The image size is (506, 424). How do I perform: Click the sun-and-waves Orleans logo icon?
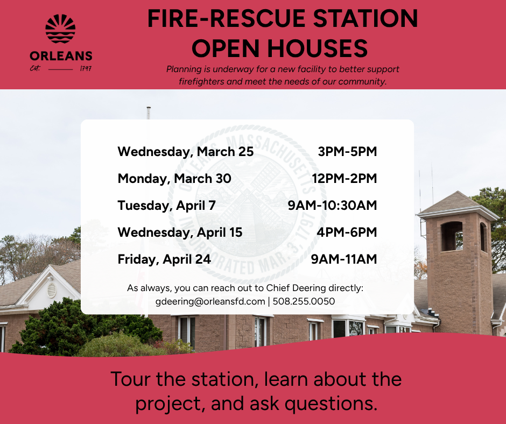(60, 29)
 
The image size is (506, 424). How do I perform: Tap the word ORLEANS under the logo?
(61, 56)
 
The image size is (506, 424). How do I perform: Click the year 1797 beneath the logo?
(85, 69)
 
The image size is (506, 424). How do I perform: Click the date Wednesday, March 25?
(185, 152)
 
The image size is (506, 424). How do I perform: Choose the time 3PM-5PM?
(347, 152)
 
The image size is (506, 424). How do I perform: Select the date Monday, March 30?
(174, 178)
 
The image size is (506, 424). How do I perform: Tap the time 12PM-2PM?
(344, 178)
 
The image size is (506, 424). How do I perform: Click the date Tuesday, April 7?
(166, 205)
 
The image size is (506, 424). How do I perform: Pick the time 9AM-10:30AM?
(333, 205)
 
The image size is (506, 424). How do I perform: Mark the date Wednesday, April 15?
(180, 232)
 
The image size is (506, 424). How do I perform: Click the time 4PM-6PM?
(347, 232)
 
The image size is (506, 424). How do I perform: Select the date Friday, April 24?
(164, 259)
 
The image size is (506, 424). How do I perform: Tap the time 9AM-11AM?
(344, 259)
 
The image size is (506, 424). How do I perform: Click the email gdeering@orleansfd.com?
(210, 301)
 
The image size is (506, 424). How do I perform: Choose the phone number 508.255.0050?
(304, 301)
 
